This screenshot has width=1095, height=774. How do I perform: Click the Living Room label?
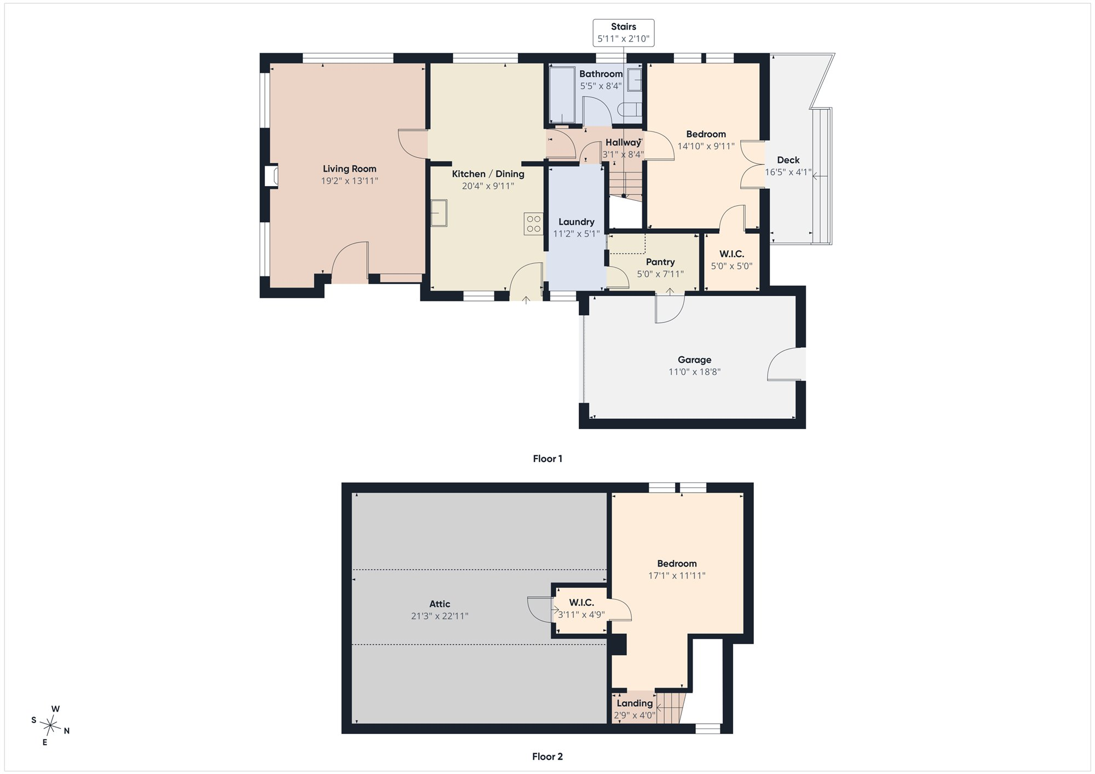[x=349, y=169]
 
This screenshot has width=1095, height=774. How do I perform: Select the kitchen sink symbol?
[x=439, y=213]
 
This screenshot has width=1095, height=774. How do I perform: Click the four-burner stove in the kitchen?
[x=533, y=223]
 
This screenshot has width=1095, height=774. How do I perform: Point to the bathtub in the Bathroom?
[x=562, y=95]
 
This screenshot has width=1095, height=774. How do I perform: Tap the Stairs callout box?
[x=624, y=33]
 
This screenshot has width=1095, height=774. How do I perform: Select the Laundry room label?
[x=577, y=222]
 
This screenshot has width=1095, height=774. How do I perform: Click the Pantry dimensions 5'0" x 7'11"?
[x=660, y=274]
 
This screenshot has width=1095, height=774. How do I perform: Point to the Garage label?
[x=695, y=360]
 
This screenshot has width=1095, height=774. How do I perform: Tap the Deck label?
[x=788, y=160]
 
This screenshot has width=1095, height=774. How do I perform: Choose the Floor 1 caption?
[x=547, y=459]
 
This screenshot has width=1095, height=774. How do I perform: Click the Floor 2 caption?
[x=547, y=756]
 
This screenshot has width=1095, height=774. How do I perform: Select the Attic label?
[x=440, y=604]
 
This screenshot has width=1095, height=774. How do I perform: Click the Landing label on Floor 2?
[x=635, y=703]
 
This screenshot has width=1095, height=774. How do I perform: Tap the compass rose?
[x=50, y=726]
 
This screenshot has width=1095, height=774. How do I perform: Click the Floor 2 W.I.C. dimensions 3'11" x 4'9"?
[x=581, y=615]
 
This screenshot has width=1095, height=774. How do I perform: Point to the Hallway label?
[x=623, y=142]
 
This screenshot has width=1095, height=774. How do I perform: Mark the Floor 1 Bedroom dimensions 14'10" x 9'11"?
[x=706, y=146]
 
